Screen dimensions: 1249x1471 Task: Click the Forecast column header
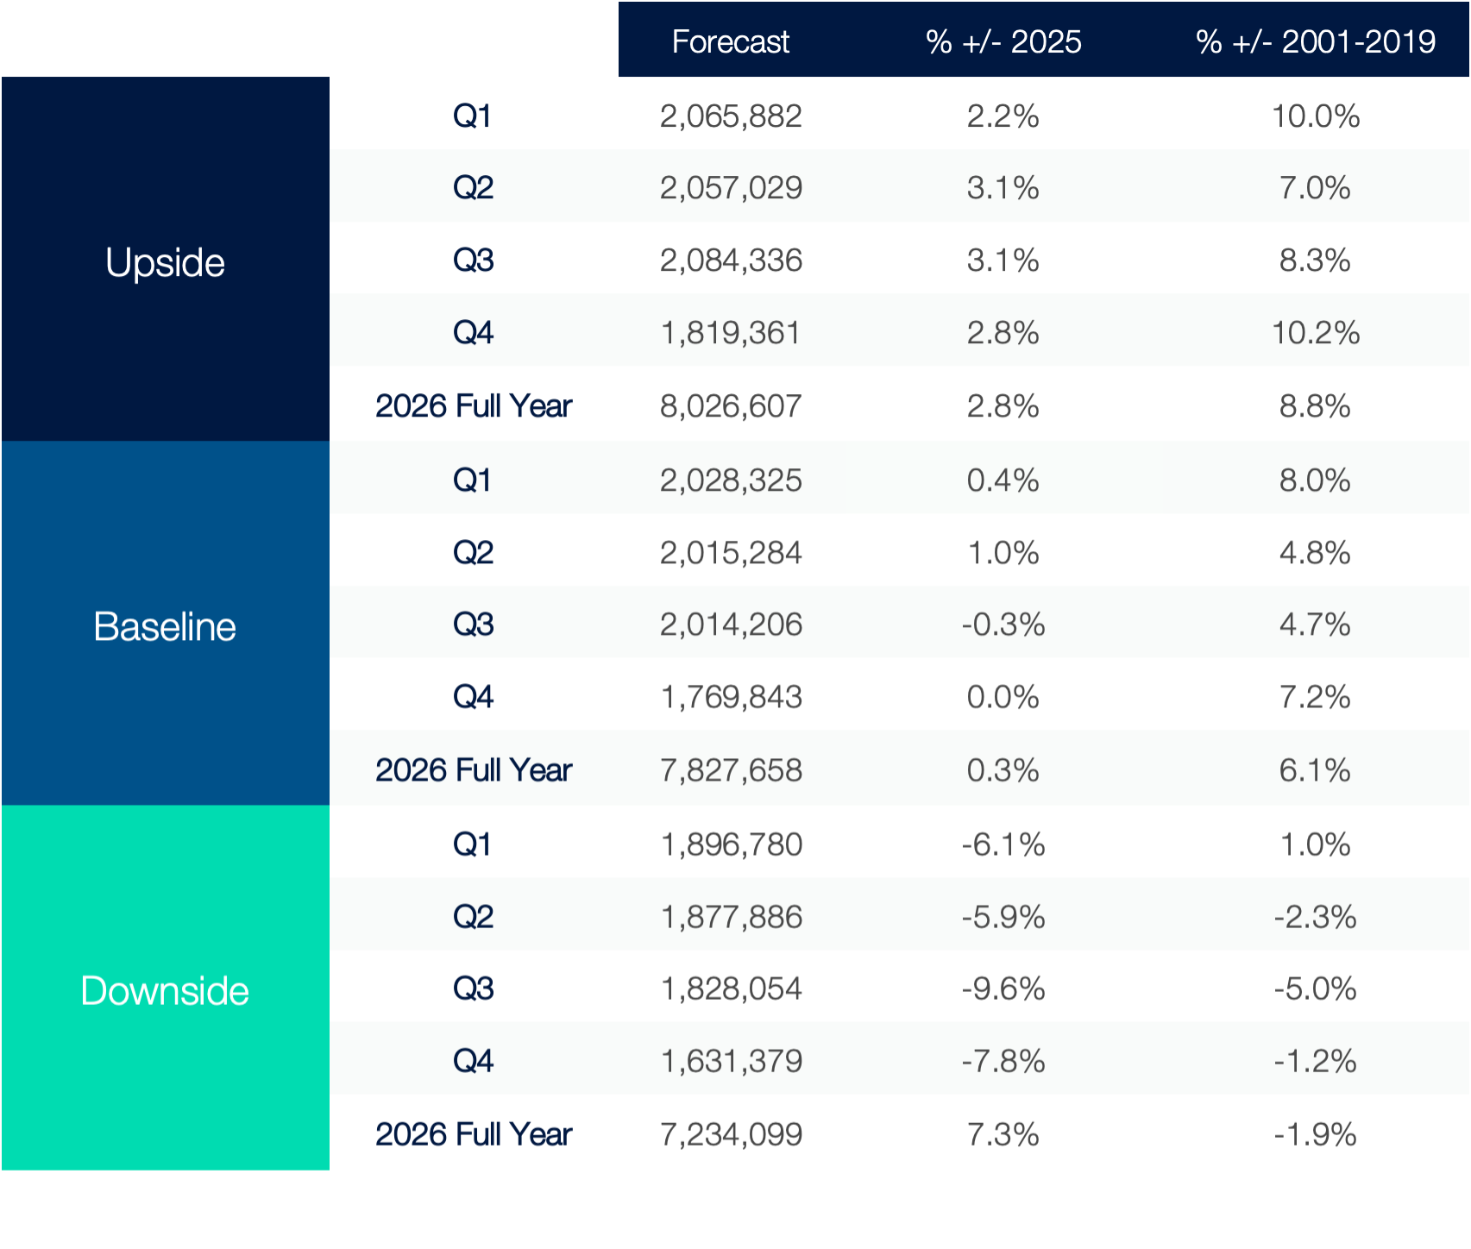(730, 41)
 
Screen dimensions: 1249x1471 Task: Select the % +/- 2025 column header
(1003, 41)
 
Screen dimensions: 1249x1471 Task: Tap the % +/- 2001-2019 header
(1315, 41)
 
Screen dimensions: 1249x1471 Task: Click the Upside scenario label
(165, 262)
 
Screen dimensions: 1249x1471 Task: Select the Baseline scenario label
(165, 626)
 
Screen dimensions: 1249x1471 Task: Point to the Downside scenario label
(165, 990)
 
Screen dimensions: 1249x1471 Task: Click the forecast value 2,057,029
(731, 188)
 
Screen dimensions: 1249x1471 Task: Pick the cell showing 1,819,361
(731, 333)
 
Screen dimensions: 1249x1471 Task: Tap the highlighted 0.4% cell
(1003, 480)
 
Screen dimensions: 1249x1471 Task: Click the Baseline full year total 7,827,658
(731, 770)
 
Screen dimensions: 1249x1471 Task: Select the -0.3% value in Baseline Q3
(1003, 624)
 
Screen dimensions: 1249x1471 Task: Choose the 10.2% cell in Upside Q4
(1315, 333)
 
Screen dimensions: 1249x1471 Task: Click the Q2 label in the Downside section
(473, 916)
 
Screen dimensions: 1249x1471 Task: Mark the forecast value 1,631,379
(731, 1061)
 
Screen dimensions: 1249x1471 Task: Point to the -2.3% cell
(1315, 917)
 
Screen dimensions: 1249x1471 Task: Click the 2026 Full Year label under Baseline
(473, 770)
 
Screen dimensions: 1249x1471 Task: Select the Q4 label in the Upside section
(473, 333)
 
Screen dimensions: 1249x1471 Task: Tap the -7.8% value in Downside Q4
(1003, 1061)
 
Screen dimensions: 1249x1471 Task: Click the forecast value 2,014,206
(731, 624)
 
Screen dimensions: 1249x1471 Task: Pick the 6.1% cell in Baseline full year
(1315, 770)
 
